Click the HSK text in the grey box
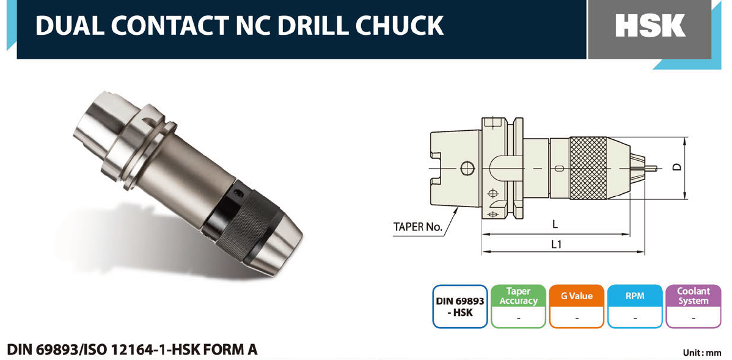650,26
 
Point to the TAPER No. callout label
417,227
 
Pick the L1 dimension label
556,244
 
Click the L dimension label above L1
555,224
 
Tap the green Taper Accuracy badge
518,306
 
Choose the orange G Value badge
577,306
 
